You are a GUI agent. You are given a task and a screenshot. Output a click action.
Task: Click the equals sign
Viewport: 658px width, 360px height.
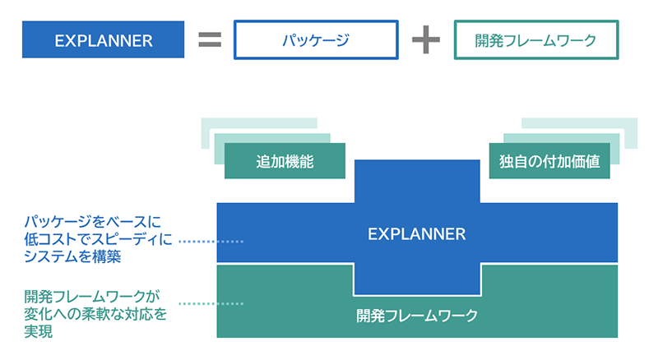210,40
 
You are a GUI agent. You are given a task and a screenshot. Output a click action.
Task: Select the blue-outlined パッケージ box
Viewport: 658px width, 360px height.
315,40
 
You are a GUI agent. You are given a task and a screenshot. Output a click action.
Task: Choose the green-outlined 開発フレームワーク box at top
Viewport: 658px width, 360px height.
535,40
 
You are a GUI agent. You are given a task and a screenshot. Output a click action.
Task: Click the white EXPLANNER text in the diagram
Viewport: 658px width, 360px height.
416,234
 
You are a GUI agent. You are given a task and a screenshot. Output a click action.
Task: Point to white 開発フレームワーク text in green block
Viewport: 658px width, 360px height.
417,315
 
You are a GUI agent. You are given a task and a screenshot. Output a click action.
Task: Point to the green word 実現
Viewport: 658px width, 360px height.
39,331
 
